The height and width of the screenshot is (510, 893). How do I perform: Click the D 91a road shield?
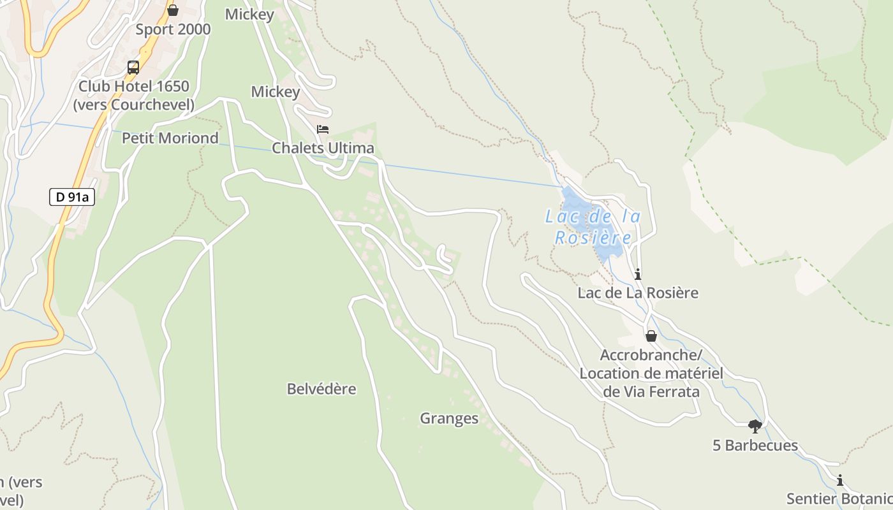coord(72,197)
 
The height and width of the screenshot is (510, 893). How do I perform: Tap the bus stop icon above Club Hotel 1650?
coord(133,67)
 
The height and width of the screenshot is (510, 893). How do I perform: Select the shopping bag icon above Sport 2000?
coord(173,10)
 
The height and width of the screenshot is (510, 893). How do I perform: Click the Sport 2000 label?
coord(173,29)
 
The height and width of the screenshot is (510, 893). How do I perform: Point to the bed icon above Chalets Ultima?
coord(323,129)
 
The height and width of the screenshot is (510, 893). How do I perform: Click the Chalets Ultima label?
coord(323,148)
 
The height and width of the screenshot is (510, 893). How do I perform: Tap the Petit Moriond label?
coord(170,138)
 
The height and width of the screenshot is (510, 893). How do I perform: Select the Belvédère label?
coord(321,389)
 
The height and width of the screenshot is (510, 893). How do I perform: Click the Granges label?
coord(449,418)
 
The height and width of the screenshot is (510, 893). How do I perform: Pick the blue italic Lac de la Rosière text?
coord(593,227)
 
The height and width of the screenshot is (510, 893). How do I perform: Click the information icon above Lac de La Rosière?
coord(638,275)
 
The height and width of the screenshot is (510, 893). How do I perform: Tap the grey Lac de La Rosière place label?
coord(638,293)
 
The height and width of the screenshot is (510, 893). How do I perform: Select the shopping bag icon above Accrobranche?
coord(651,336)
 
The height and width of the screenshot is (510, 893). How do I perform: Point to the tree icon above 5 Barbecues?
coord(755,426)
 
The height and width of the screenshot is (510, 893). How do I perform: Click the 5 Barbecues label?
coord(755,445)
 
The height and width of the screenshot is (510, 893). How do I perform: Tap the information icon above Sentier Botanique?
coord(840,481)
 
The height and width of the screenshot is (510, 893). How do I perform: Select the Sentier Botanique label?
coord(839,499)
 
